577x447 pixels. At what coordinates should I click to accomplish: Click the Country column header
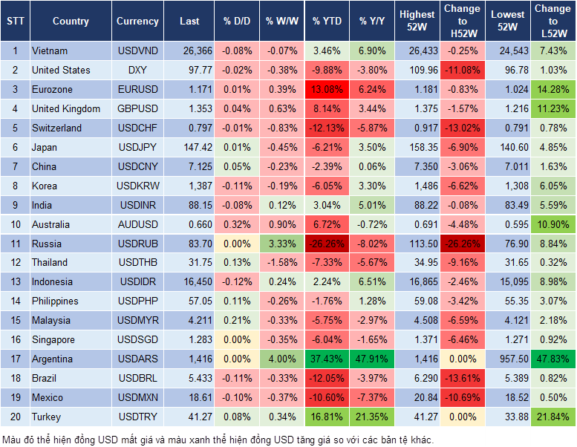(x=71, y=22)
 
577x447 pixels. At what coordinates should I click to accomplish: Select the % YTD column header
(x=327, y=22)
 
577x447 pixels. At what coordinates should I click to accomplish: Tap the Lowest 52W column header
(x=509, y=22)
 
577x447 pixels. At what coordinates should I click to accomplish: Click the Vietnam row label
(x=50, y=51)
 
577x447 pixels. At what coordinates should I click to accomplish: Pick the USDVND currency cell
(x=137, y=51)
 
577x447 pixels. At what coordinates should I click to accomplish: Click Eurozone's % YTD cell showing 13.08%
(x=327, y=90)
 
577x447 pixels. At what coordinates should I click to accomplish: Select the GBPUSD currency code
(x=137, y=109)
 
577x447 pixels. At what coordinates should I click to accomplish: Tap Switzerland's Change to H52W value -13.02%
(x=461, y=128)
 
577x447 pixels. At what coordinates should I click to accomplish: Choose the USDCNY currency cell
(x=137, y=167)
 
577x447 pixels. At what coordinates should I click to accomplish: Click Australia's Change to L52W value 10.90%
(x=553, y=224)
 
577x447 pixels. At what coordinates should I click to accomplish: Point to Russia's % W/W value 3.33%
(x=281, y=244)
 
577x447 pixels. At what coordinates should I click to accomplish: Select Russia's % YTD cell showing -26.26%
(x=327, y=244)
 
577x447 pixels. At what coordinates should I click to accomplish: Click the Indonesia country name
(x=52, y=282)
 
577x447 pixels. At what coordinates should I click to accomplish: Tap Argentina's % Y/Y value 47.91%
(x=372, y=359)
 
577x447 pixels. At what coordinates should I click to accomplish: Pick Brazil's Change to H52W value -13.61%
(x=461, y=379)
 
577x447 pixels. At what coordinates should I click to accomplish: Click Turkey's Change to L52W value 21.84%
(x=553, y=417)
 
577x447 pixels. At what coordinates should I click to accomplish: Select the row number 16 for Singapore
(x=15, y=340)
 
